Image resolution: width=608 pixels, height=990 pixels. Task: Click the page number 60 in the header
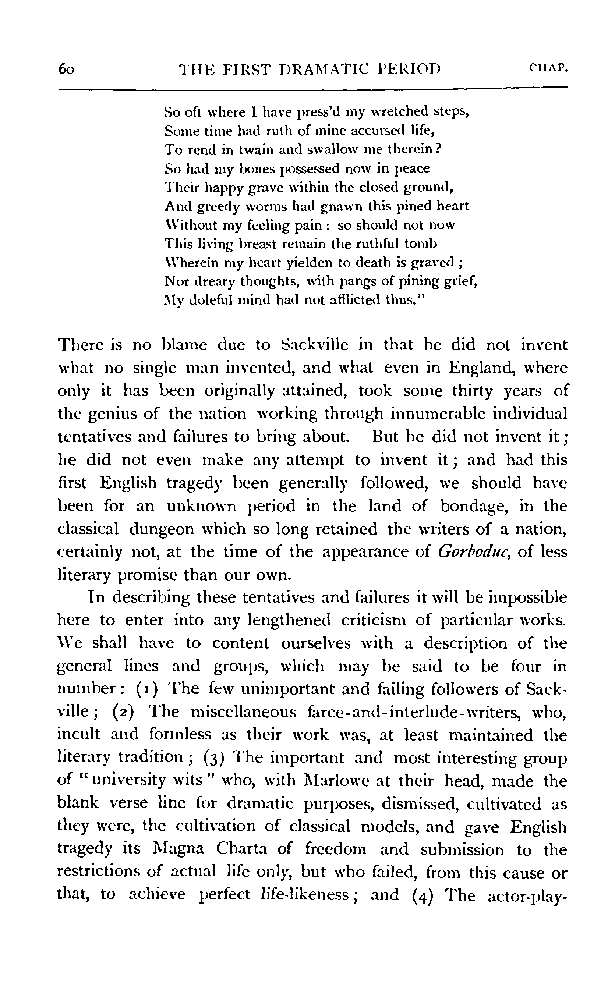coord(66,69)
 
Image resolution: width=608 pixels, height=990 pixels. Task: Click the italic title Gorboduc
coord(473,552)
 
